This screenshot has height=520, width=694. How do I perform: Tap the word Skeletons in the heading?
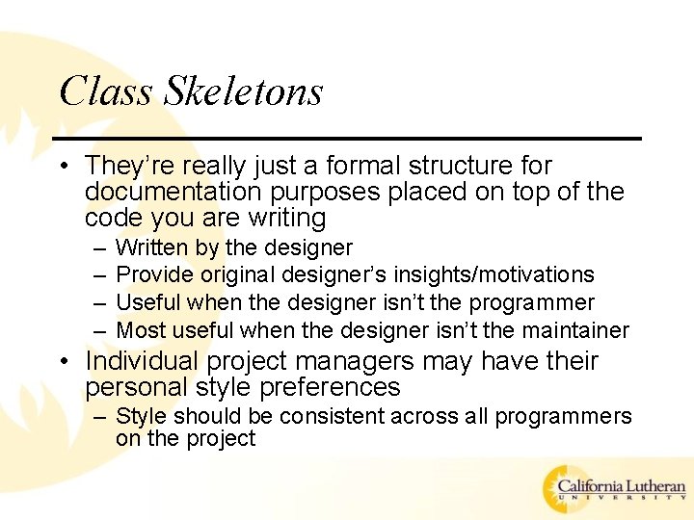click(x=243, y=91)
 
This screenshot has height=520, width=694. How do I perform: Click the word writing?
click(x=286, y=218)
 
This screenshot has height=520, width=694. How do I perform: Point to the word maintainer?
click(x=574, y=330)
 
